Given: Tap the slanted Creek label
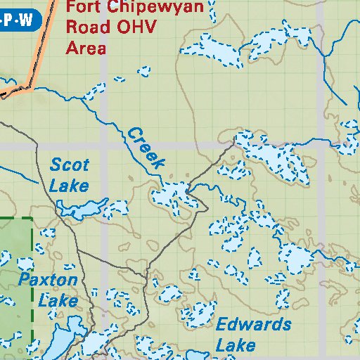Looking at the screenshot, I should pos(146,147).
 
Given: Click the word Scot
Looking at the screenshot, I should pos(70,166).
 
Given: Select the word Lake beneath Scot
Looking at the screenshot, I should pos(70,186).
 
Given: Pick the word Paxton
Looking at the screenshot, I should pos(48,280).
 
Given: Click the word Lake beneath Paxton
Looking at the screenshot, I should pos(58,300).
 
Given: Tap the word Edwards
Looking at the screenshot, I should pos(253,324).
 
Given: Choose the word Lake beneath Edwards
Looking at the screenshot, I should pos(236,345).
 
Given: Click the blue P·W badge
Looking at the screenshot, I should pos(18,20).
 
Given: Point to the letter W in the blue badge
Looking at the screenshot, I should pos(27,20).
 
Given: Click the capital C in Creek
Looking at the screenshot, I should pos(132,133).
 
